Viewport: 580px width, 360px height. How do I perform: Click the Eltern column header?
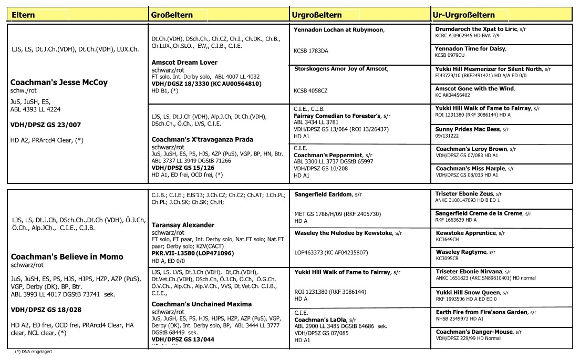tap(23, 15)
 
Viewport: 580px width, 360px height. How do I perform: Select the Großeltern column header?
tap(171, 15)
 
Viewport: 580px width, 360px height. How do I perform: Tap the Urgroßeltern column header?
tap(317, 15)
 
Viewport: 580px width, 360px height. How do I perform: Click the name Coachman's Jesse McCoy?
tap(59, 83)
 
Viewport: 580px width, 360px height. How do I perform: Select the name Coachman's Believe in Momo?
tap(67, 256)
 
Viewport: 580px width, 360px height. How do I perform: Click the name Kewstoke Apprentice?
tap(465, 233)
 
